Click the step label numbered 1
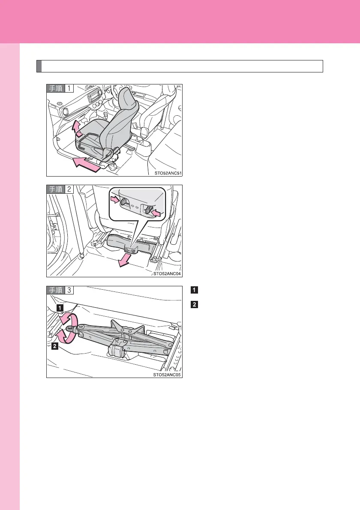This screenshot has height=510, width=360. point(60,88)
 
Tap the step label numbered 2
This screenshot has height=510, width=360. point(60,189)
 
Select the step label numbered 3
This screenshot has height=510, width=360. point(60,290)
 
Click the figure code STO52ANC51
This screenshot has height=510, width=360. point(168,173)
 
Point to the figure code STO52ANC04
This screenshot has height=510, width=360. point(167,274)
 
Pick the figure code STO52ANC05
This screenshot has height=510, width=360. point(167,375)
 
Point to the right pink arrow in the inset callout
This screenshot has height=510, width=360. point(156,213)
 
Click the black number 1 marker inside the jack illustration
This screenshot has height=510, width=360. point(60,307)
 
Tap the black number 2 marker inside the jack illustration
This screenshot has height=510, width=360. point(54,346)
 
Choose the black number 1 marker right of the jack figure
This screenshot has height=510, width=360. point(194,290)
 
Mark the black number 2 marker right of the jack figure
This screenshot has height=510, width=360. point(194,305)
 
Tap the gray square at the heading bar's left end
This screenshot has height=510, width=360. point(39,66)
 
